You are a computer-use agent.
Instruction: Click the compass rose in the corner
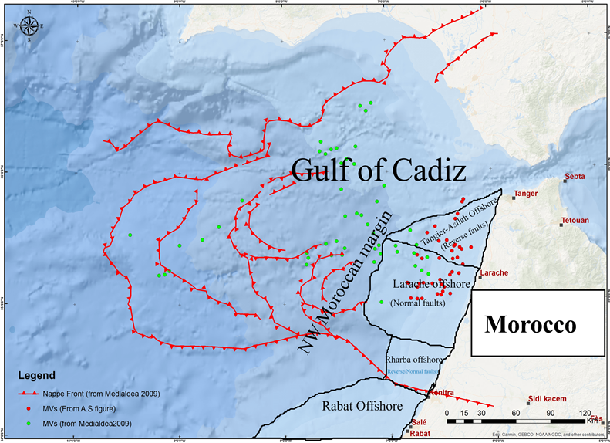pos(29,27)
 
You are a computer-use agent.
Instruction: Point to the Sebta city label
pos(575,177)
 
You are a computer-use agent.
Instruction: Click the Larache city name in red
pos(494,273)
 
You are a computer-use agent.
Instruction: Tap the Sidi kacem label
pos(545,399)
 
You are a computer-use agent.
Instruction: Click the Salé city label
pos(419,423)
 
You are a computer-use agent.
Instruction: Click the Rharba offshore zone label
pos(413,360)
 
